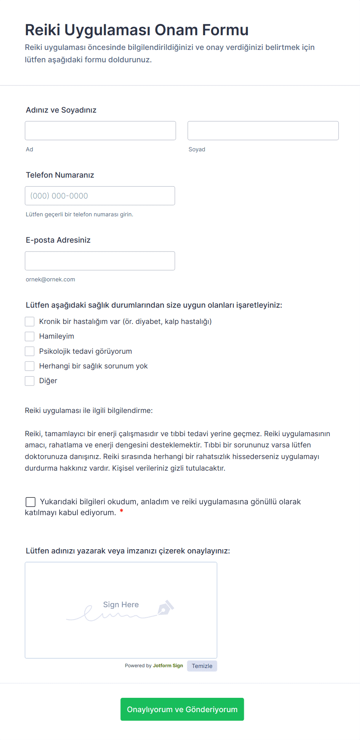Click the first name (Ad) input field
[x=100, y=130]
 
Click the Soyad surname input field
[x=263, y=130]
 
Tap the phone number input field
[x=100, y=196]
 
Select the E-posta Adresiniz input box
[x=100, y=261]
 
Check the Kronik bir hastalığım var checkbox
[x=30, y=322]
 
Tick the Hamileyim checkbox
[x=30, y=336]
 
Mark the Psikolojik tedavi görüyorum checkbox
[x=30, y=351]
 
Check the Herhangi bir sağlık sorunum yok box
[x=30, y=366]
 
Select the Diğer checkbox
[x=30, y=381]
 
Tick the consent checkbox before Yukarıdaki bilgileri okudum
[x=31, y=502]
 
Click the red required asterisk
[x=122, y=512]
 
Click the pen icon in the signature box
[x=166, y=608]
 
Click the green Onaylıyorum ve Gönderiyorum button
[x=182, y=709]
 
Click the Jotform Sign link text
[x=168, y=666]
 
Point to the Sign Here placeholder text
[x=121, y=605]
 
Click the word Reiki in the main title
[x=42, y=30]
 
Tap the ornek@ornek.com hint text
[x=50, y=279]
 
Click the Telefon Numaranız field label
[x=60, y=175]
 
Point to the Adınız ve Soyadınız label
[x=61, y=110]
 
